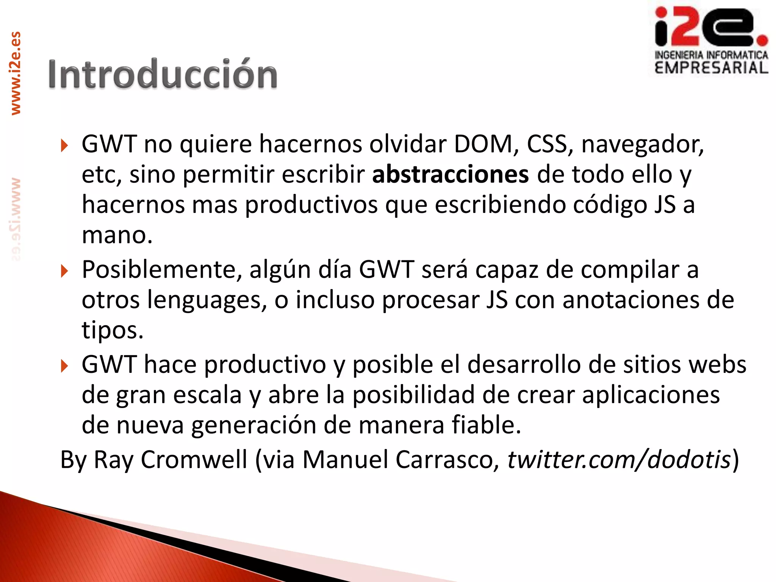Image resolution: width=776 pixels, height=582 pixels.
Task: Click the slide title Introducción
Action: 163,75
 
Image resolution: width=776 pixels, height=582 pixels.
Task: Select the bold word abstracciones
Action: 450,175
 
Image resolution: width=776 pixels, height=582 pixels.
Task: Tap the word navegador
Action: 642,145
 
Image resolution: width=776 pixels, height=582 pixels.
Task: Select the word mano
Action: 117,235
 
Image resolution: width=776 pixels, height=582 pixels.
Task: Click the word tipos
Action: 113,331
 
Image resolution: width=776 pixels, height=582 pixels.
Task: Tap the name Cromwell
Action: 194,460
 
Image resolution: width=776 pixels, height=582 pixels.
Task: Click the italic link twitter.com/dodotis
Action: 619,460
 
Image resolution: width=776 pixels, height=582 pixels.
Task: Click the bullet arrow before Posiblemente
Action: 64,271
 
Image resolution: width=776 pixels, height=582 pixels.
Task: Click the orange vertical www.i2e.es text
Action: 16,73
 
